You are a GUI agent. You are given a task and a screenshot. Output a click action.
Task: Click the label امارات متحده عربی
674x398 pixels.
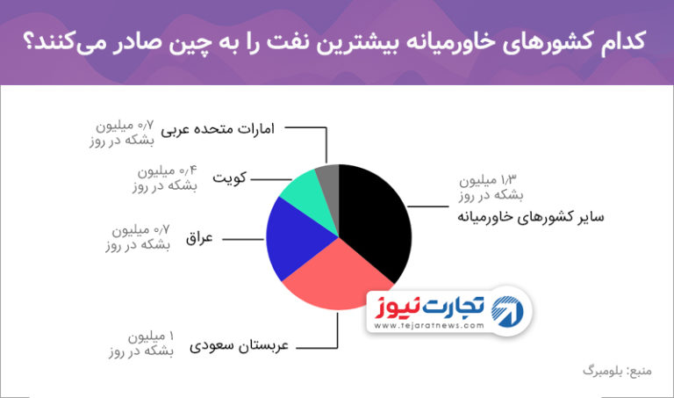tap(218, 129)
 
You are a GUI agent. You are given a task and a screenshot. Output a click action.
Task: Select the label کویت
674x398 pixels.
tap(230, 177)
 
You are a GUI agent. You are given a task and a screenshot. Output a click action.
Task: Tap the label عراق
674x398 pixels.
tap(199, 238)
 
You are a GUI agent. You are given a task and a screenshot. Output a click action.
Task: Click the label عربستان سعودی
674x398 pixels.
tap(239, 346)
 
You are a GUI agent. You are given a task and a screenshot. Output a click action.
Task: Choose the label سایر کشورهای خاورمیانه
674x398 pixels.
tap(530, 217)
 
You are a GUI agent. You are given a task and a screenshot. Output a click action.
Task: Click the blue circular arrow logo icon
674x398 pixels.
tap(507, 312)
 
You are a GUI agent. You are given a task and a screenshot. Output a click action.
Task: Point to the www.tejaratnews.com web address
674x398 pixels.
tap(429, 326)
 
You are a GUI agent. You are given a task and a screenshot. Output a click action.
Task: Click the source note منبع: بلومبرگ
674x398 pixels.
tap(617, 371)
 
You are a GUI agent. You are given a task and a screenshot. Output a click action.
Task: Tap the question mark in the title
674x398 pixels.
tap(28, 42)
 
